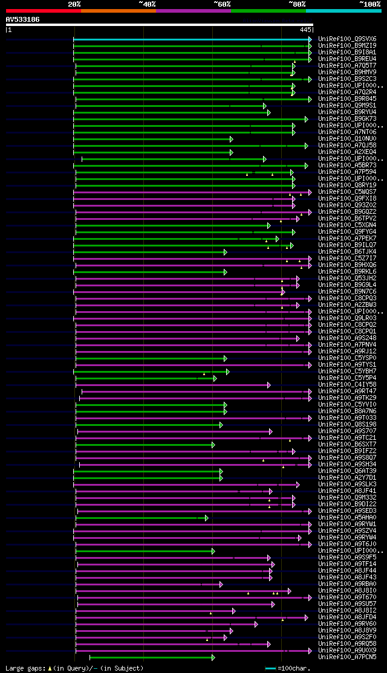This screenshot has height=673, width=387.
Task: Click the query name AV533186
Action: click(x=22, y=19)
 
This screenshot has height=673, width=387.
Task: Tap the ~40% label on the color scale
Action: click(x=147, y=4)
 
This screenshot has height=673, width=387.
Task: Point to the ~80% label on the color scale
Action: click(x=297, y=4)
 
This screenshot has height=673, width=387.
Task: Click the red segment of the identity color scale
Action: click(x=43, y=11)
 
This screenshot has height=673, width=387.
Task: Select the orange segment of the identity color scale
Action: click(x=118, y=11)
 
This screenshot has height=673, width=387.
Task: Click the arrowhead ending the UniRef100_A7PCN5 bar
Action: click(x=213, y=657)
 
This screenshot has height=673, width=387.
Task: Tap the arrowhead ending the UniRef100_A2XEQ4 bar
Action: click(x=231, y=152)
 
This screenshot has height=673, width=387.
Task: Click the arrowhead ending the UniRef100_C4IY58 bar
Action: click(x=268, y=385)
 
